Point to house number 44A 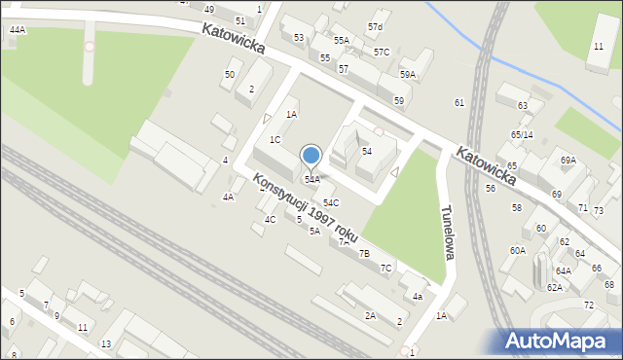(18, 30)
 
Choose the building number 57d (375, 25)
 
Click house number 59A (407, 74)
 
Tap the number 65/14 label (522, 134)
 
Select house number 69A (568, 160)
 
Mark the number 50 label (230, 75)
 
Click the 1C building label (275, 139)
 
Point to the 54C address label (331, 202)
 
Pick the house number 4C (270, 220)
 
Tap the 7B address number (364, 253)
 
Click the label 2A (370, 315)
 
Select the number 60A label (517, 250)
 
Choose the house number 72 (588, 306)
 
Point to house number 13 (106, 344)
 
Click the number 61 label (458, 102)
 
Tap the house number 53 (299, 37)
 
